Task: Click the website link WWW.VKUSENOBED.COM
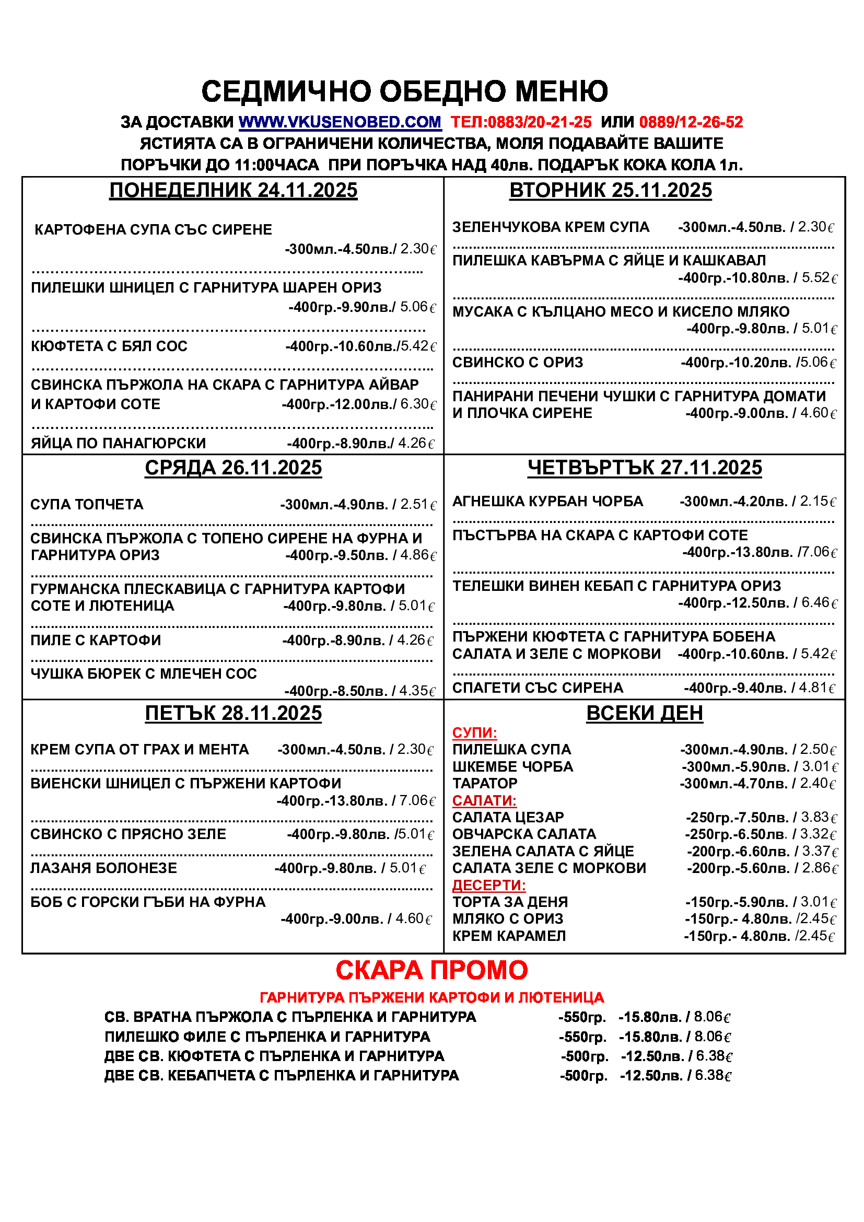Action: pyautogui.click(x=340, y=122)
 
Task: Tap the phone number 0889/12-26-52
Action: pyautogui.click(x=691, y=122)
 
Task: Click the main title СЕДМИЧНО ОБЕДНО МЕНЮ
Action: pyautogui.click(x=404, y=91)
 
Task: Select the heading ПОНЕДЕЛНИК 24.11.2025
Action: pyautogui.click(x=233, y=191)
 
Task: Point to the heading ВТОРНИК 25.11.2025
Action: pyautogui.click(x=610, y=191)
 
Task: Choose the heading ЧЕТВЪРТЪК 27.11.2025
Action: pyautogui.click(x=644, y=468)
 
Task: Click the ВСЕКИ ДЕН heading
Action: pyautogui.click(x=644, y=713)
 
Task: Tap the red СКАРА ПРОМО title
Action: pyautogui.click(x=431, y=970)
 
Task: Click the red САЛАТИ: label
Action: pyautogui.click(x=484, y=800)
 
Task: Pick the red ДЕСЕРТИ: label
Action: pyautogui.click(x=488, y=885)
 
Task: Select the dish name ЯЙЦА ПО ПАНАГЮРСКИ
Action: pyautogui.click(x=118, y=444)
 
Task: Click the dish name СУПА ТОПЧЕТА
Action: pyautogui.click(x=87, y=505)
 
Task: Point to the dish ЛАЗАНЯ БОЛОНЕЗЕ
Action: pyautogui.click(x=104, y=868)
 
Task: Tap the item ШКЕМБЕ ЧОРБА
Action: pyautogui.click(x=512, y=767)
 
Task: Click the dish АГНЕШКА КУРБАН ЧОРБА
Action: pyautogui.click(x=547, y=502)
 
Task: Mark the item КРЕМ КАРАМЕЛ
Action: pyautogui.click(x=509, y=936)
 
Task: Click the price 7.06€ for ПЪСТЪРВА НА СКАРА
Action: pyautogui.click(x=819, y=552)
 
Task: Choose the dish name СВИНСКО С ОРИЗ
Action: pyautogui.click(x=517, y=363)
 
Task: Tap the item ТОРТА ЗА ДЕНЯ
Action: pyautogui.click(x=510, y=902)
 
